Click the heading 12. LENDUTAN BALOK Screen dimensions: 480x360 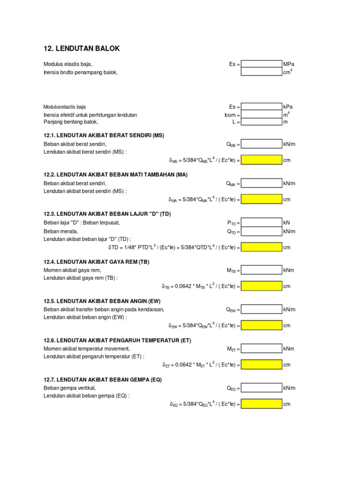click(82, 49)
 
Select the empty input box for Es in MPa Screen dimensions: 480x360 click(261, 64)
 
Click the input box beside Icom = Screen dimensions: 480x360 click(261, 114)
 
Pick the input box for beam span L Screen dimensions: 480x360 click(261, 122)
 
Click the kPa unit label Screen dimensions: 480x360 click(288, 107)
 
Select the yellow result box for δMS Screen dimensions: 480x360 click(261, 160)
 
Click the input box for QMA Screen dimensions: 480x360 click(261, 183)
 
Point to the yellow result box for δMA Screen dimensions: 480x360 click(261, 200)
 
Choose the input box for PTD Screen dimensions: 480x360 click(261, 223)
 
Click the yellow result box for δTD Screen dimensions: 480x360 click(261, 247)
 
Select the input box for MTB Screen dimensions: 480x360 click(261, 270)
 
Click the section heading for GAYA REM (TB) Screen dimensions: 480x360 click(96, 262)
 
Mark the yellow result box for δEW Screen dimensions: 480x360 click(261, 325)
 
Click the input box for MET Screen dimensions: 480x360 click(261, 349)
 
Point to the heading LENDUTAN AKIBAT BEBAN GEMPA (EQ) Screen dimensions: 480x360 click(102, 380)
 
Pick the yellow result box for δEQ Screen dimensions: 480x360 click(261, 404)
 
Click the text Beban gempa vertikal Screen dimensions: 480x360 click(70, 388)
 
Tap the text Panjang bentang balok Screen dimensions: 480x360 click(71, 122)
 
